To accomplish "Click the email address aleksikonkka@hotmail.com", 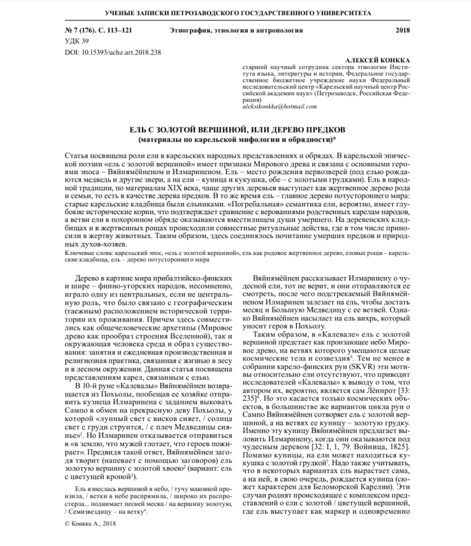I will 279,106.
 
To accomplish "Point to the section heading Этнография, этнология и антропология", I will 235,31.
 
